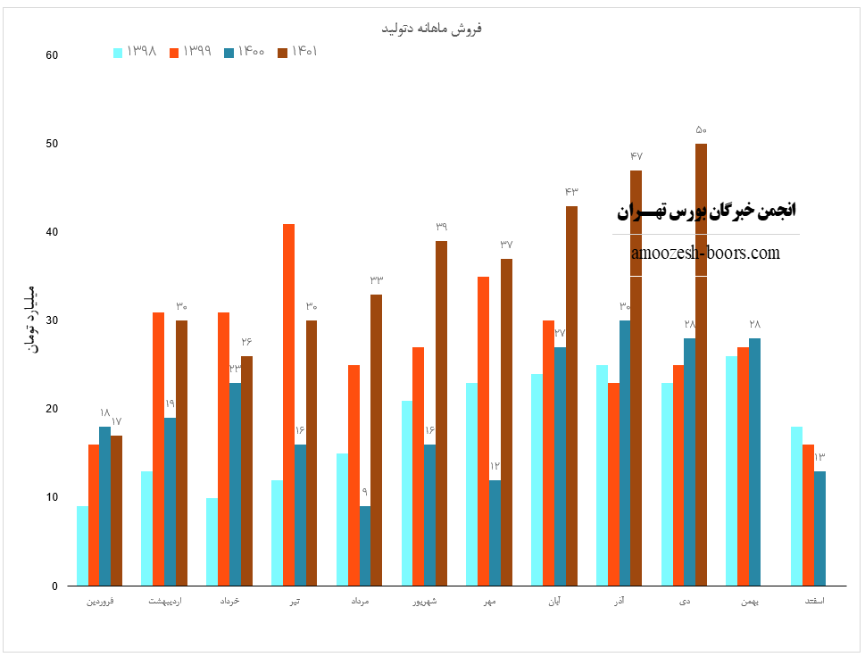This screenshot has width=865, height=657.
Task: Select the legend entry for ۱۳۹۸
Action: pyautogui.click(x=136, y=52)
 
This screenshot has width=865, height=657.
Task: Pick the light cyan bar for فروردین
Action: pyautogui.click(x=82, y=545)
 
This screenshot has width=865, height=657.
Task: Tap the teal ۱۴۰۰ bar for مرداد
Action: pyautogui.click(x=365, y=545)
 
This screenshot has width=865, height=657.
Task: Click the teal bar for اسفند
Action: pyautogui.click(x=819, y=528)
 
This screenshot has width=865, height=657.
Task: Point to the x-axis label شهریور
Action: pyautogui.click(x=424, y=602)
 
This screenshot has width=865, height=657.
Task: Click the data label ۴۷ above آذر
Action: pyautogui.click(x=636, y=156)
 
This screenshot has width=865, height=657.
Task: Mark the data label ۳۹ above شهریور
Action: pyautogui.click(x=441, y=227)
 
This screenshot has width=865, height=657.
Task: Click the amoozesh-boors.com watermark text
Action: pyautogui.click(x=705, y=254)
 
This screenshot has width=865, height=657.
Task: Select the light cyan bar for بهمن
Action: pyautogui.click(x=732, y=470)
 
